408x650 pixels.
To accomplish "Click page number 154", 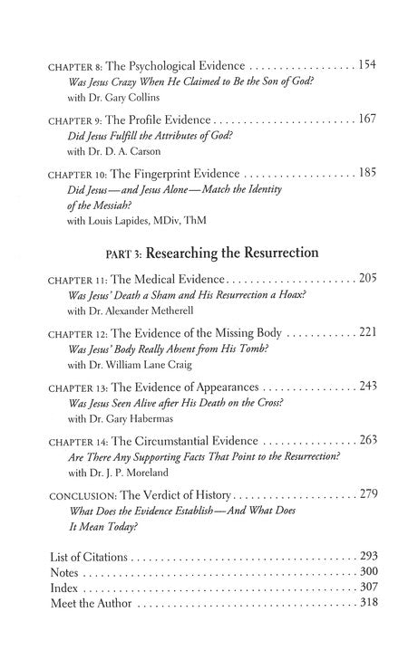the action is (x=366, y=65).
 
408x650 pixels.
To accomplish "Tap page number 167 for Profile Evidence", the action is (x=366, y=119).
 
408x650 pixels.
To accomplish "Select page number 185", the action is (x=366, y=172).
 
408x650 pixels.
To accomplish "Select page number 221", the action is (x=366, y=332).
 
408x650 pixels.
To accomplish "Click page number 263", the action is (x=366, y=439).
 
